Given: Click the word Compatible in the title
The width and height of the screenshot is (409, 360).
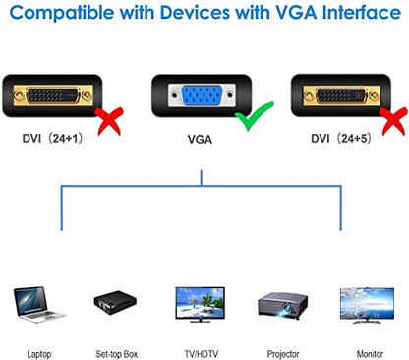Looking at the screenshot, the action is (x=70, y=15).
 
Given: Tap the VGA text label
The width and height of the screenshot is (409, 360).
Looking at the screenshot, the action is (x=201, y=140).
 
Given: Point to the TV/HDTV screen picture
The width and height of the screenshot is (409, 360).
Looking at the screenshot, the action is (x=201, y=304).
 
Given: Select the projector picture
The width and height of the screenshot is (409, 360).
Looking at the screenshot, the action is (x=283, y=303).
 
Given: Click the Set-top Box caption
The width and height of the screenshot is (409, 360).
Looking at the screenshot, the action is (x=116, y=351).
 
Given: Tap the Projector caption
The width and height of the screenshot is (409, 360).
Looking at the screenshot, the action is (x=283, y=351).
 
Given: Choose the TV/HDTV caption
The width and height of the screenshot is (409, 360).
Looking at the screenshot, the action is (x=201, y=351).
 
